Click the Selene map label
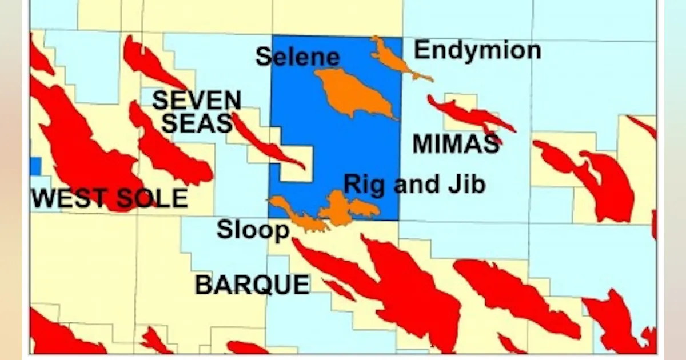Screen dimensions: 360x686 click(297, 57)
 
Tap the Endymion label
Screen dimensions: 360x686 click(477, 50)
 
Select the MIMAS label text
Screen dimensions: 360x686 click(456, 143)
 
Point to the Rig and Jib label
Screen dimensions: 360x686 click(414, 185)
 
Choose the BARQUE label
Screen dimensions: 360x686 click(252, 284)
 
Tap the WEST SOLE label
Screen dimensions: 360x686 click(110, 198)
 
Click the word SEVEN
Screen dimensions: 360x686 click(196, 101)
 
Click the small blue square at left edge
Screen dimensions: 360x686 click(35, 166)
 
